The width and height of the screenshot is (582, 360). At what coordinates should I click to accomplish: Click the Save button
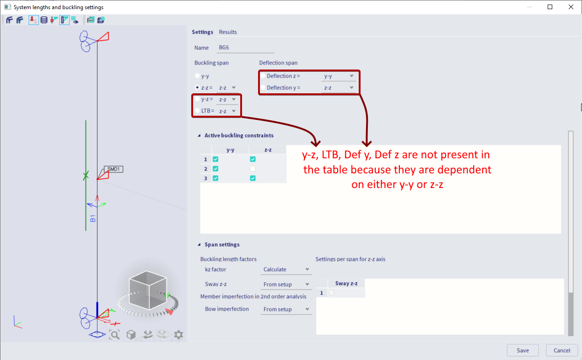click(x=523, y=350)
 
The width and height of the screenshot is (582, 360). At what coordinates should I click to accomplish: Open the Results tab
click(x=228, y=32)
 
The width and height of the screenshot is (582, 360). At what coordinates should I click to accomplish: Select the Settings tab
click(x=202, y=32)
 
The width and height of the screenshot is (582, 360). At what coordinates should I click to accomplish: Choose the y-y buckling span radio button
click(x=197, y=76)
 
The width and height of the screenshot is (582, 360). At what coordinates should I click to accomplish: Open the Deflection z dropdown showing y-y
click(x=338, y=76)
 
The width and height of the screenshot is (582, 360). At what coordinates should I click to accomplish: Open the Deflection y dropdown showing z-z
click(x=338, y=88)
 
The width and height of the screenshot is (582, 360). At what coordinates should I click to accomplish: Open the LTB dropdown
click(x=227, y=111)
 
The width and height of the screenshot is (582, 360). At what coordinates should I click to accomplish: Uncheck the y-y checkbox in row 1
click(x=216, y=159)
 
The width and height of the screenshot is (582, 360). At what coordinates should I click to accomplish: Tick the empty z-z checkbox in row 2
click(x=253, y=169)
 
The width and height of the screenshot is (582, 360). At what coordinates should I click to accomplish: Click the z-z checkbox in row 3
click(x=253, y=178)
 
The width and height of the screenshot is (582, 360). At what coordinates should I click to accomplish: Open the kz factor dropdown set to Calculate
click(x=286, y=269)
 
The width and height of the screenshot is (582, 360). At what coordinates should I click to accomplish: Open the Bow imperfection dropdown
click(x=286, y=309)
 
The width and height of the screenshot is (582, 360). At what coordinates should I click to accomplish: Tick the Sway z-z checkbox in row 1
click(x=331, y=293)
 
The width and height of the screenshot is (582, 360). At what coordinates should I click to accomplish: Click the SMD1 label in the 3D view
click(x=113, y=169)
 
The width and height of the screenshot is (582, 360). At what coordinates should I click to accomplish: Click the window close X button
click(x=571, y=7)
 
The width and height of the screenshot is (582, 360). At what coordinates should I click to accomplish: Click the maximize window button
click(x=550, y=7)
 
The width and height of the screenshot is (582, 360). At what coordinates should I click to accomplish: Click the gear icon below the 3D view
click(x=178, y=335)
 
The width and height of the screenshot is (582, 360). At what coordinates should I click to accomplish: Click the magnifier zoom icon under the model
click(x=114, y=335)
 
